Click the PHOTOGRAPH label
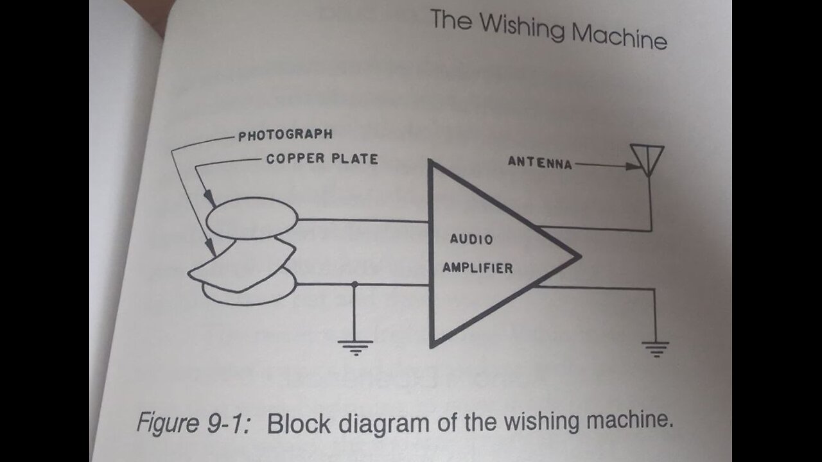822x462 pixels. [285, 135]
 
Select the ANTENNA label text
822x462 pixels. [539, 163]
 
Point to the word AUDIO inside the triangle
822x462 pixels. [471, 239]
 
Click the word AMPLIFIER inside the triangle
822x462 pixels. [478, 268]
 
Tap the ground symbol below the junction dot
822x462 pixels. [354, 347]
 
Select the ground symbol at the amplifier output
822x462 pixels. [655, 347]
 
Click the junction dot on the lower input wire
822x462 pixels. [354, 284]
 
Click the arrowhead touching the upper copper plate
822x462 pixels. [210, 200]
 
